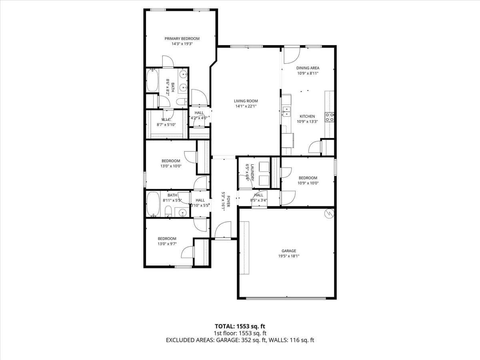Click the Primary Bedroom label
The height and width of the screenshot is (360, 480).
pos(182,39)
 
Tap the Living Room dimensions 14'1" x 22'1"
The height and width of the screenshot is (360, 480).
pos(246,106)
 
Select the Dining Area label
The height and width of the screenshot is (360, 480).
pos(308,68)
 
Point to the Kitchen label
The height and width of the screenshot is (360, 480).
pos(307,116)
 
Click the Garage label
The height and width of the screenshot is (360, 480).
pos(288,251)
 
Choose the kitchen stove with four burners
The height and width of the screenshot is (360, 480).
pos(330,117)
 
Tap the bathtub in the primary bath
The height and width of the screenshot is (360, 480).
pos(152,81)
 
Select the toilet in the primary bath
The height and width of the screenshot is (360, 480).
pos(181,102)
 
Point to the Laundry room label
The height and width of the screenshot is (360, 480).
pos(250,172)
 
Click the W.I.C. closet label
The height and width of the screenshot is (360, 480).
pos(167,120)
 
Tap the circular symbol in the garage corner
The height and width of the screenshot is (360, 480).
pos(329,213)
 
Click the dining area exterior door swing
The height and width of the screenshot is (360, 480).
pos(291,56)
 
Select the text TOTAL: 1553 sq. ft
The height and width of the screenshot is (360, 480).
pos(240,326)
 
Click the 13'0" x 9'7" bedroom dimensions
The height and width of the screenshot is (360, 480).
pos(167,244)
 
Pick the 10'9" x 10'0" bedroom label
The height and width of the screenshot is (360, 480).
pos(308,178)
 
